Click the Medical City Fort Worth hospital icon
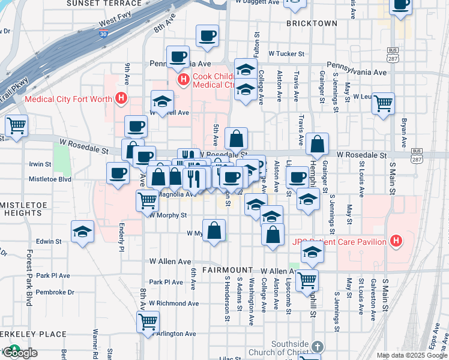pyautogui.click(x=121, y=98)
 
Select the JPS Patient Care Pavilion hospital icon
pyautogui.click(x=395, y=241)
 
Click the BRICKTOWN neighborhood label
pyautogui.click(x=312, y=23)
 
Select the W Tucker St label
pyautogui.click(x=287, y=53)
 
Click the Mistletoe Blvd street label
pyautogui.click(x=50, y=179)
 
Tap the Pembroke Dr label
pyautogui.click(x=55, y=292)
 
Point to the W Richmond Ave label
pyautogui.click(x=174, y=303)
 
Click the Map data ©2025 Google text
pyautogui.click(x=412, y=355)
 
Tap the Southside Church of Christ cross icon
pyautogui.click(x=318, y=347)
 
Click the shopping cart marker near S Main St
pyautogui.click(x=383, y=104)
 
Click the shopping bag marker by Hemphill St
pyautogui.click(x=317, y=144)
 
